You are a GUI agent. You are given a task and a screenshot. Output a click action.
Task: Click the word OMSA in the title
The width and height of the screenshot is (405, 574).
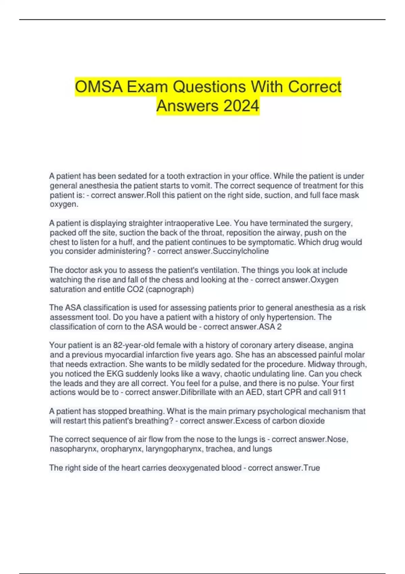98,87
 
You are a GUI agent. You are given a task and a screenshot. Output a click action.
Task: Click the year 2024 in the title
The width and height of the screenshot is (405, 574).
241,106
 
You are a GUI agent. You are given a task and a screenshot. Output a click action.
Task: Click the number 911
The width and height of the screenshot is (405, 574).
339,392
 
